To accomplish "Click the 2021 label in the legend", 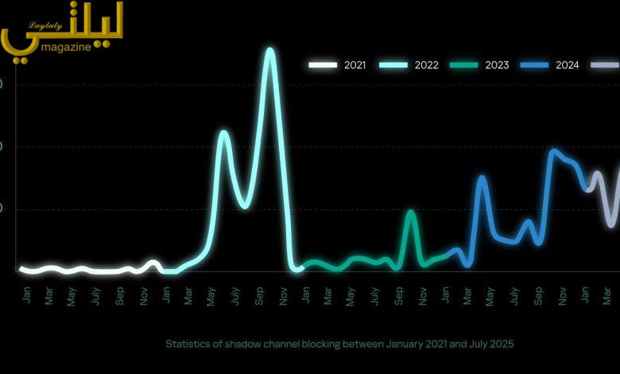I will pos(355,65).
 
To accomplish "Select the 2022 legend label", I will pos(426,65).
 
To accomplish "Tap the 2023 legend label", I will pos(498,65).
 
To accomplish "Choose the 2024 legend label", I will pos(568,65).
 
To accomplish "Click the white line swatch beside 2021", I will pos(324,65).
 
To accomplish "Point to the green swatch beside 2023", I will pos(464,65).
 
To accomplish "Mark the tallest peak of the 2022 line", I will pos(269,50).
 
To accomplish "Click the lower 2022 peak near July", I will pos(223,132).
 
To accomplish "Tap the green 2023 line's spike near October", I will pos(410,212).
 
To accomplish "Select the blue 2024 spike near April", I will pos(481,177).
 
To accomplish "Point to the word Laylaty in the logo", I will pos(45,25).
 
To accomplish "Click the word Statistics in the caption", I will pos(188,345).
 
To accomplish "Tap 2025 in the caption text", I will pos(501,345).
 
